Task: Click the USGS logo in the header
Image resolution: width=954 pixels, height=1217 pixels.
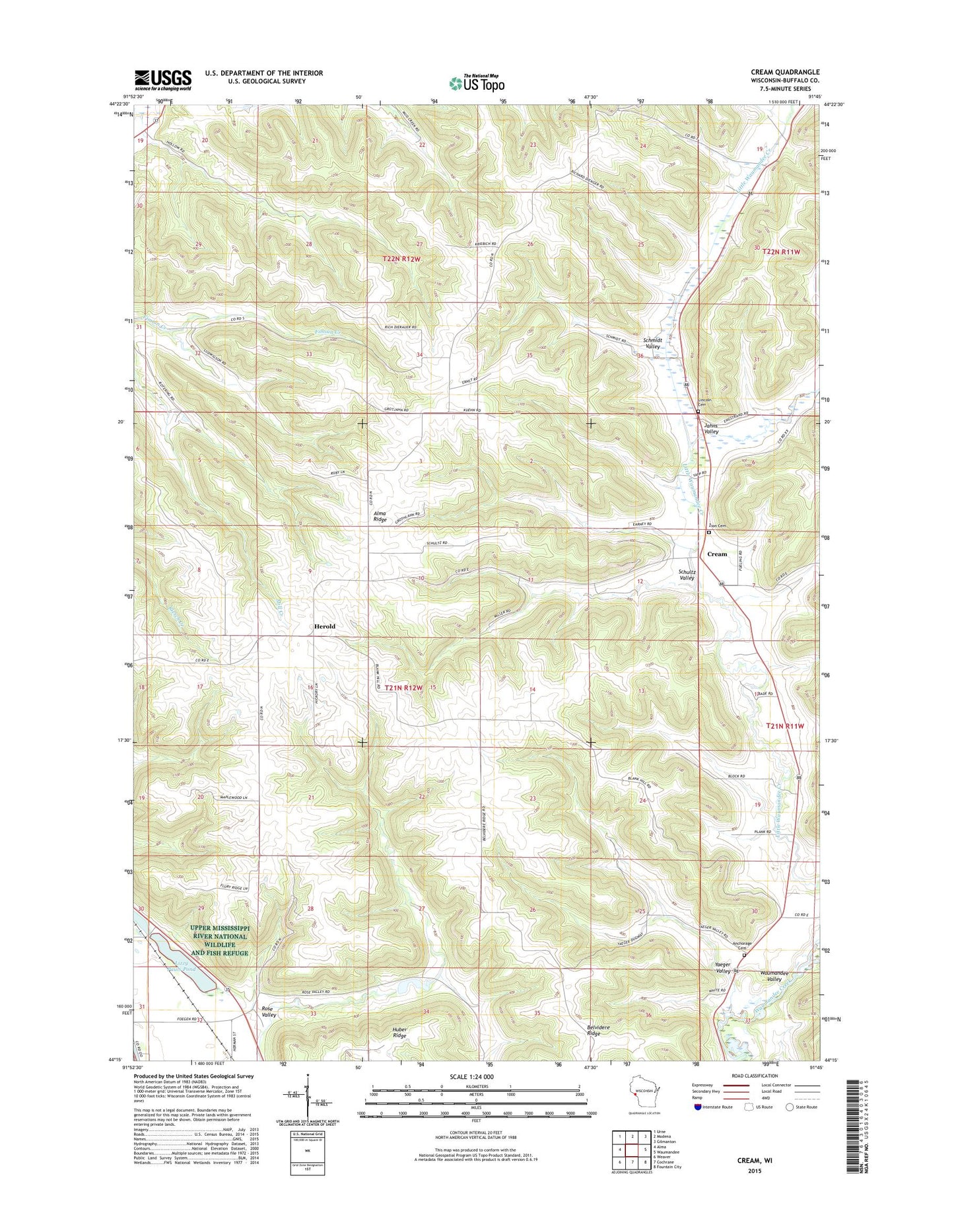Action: click(x=163, y=80)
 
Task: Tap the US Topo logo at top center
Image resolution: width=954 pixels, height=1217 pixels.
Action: click(x=477, y=83)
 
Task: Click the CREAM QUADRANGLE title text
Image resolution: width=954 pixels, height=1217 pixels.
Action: click(x=785, y=72)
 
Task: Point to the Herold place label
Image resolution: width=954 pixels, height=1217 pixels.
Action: click(x=324, y=626)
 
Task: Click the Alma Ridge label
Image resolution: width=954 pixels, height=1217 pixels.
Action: click(x=380, y=517)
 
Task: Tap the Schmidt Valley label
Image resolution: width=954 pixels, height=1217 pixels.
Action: click(x=652, y=344)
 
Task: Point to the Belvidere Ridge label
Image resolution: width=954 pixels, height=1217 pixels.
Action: click(x=594, y=1031)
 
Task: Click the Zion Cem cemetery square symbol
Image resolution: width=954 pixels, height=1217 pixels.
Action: click(x=710, y=533)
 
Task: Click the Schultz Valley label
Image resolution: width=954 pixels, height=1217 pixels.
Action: click(x=687, y=575)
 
